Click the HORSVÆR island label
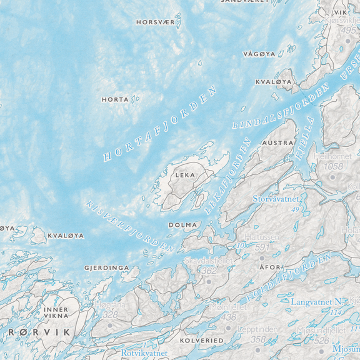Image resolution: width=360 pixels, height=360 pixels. pos(155,22)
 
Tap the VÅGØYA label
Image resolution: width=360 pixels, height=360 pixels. pos(259,54)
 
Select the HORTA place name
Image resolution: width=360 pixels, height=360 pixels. pos(115,99)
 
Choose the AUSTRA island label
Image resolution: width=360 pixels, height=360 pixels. pos(277,143)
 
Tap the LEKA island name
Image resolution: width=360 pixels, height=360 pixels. pos(186,175)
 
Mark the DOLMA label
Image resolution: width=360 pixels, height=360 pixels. pos(183,224)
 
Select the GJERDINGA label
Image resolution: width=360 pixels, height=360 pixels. pos(103,268)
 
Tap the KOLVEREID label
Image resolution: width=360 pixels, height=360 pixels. pos(201,341)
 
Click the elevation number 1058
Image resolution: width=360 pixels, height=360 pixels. pos(334,166)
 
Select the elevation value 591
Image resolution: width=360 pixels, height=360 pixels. pos(261,247)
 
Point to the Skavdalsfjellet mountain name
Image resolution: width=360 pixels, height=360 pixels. pos(207,260)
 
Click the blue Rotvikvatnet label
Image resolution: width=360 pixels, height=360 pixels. pos(145,353)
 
